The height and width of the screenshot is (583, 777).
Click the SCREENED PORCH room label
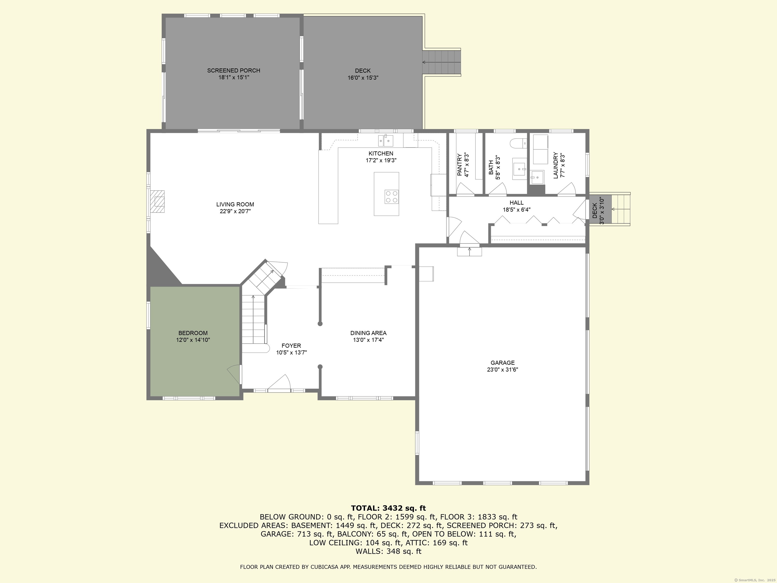[x=234, y=71]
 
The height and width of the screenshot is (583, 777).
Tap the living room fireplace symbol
[x=158, y=201]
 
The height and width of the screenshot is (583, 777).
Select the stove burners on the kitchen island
[x=391, y=196]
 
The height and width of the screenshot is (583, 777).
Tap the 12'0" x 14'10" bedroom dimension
[x=193, y=340]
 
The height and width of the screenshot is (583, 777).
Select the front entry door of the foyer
[x=279, y=383]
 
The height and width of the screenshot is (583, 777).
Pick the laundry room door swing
[x=566, y=189]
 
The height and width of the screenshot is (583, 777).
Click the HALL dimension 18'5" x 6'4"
[x=516, y=210]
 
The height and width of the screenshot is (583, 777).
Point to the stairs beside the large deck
[x=442, y=63]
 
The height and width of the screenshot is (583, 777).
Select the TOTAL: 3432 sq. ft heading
[x=388, y=508]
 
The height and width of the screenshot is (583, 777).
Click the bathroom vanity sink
[x=519, y=169]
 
